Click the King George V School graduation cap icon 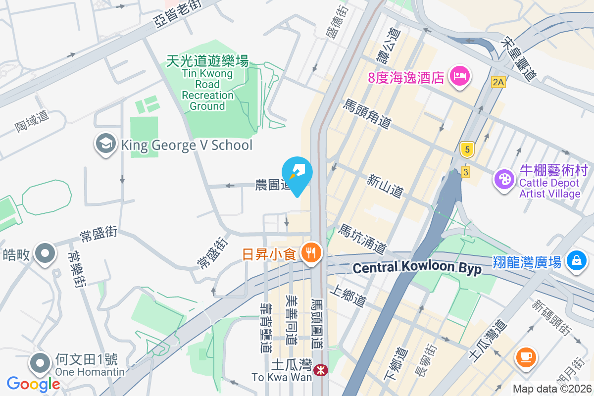click(105, 144)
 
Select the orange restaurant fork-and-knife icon click(311, 254)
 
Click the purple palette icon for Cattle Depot click(504, 178)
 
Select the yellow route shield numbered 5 click(466, 148)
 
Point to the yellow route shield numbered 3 click(465, 172)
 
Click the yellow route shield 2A click(498, 83)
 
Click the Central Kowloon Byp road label click(417, 268)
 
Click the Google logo click(33, 384)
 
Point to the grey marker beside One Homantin click(40, 363)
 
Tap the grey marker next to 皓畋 click(45, 253)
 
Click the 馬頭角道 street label click(368, 114)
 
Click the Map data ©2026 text click(551, 389)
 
